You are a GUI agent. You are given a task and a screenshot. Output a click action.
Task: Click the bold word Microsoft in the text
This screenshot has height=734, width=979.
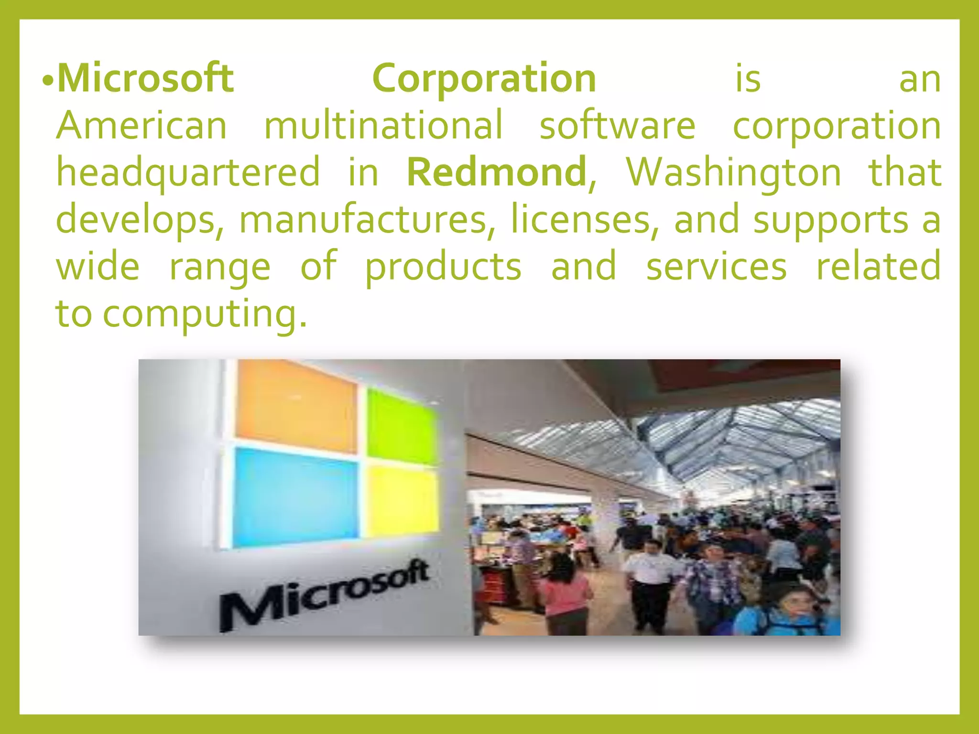click(x=145, y=78)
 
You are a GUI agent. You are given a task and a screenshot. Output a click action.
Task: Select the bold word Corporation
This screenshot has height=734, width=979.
click(x=484, y=78)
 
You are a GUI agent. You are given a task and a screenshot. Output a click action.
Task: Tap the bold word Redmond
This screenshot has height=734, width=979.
click(x=496, y=172)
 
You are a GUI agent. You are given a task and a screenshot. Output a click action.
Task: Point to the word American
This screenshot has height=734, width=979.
click(x=141, y=125)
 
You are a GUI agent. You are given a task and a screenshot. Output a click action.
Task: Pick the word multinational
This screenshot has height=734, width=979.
click(x=383, y=125)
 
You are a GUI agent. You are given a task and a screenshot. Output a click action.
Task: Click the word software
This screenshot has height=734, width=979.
click(x=617, y=125)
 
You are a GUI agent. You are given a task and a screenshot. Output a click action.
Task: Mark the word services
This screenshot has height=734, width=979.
click(x=716, y=267)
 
